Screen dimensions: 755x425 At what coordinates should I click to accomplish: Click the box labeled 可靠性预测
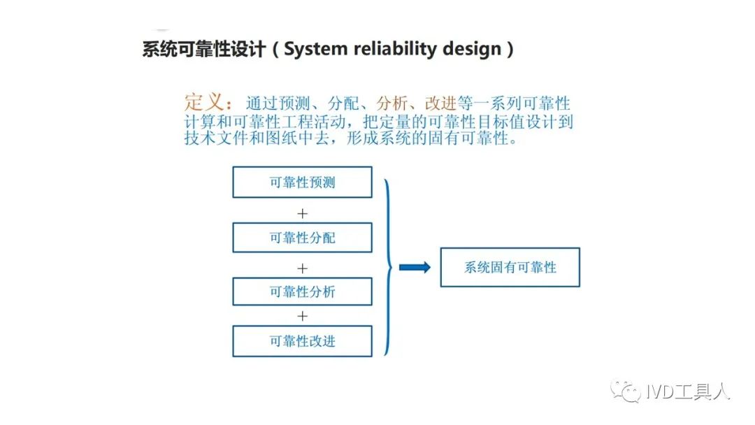point(303,182)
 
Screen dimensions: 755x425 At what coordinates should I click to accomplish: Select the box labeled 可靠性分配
point(303,237)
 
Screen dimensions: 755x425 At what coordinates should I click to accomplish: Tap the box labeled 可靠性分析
point(303,291)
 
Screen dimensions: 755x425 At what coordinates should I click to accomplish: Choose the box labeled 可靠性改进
point(303,341)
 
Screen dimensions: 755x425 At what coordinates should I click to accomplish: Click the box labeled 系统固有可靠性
point(510,267)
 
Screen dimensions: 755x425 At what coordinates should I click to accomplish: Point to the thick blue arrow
point(415,267)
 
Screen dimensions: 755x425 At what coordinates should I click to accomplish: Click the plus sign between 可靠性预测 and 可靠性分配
point(303,213)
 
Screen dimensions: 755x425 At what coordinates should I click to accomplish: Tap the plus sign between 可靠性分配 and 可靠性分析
point(303,268)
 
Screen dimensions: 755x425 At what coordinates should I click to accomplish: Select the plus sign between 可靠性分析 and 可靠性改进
point(303,316)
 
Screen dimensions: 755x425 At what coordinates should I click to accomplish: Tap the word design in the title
point(472,49)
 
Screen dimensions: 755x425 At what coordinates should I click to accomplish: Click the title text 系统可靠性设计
point(203,49)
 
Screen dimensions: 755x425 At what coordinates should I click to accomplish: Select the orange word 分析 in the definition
point(392,103)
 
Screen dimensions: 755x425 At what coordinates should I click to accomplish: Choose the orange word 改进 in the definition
point(440,103)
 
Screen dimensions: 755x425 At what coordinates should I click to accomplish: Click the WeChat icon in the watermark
point(626,391)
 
